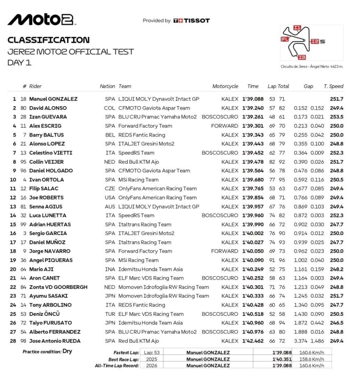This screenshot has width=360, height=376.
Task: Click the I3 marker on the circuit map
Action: (x=302, y=57)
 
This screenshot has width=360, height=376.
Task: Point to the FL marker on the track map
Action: (x=284, y=39)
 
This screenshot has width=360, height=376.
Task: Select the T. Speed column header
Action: (x=333, y=86)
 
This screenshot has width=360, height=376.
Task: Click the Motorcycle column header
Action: (x=225, y=86)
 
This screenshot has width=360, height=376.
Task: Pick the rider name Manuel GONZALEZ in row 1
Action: (x=53, y=99)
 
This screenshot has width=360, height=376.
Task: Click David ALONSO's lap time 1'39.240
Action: (x=253, y=108)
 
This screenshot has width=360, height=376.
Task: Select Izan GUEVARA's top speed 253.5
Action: (x=337, y=117)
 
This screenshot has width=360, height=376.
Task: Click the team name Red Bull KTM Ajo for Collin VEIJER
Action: (x=138, y=162)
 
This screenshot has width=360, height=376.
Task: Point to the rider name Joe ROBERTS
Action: (x=46, y=198)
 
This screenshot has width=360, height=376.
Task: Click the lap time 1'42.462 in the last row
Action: (x=253, y=341)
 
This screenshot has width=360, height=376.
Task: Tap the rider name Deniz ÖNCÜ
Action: (x=44, y=314)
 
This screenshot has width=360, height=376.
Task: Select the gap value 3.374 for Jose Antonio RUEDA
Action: (x=301, y=341)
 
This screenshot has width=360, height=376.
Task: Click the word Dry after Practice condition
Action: (x=67, y=351)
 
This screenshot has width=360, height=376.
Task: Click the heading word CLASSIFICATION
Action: (x=48, y=40)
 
